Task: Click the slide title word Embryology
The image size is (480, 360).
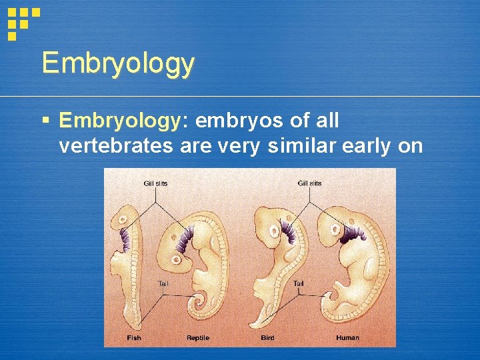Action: [x=118, y=64]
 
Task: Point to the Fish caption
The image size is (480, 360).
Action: [x=134, y=338]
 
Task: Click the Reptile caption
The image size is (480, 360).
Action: [x=198, y=338]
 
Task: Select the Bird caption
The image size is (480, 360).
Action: [x=268, y=338]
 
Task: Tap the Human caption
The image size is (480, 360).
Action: [x=347, y=338]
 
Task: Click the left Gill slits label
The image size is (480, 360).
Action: [x=155, y=183]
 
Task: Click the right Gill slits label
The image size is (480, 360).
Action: [x=309, y=183]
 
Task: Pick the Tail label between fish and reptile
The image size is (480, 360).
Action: [x=163, y=283]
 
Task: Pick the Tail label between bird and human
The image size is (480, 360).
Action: [x=299, y=283]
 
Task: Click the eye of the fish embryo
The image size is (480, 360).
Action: [x=123, y=220]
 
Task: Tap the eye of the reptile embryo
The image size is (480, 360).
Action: [x=176, y=259]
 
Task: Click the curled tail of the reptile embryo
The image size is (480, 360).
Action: [x=200, y=305]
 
